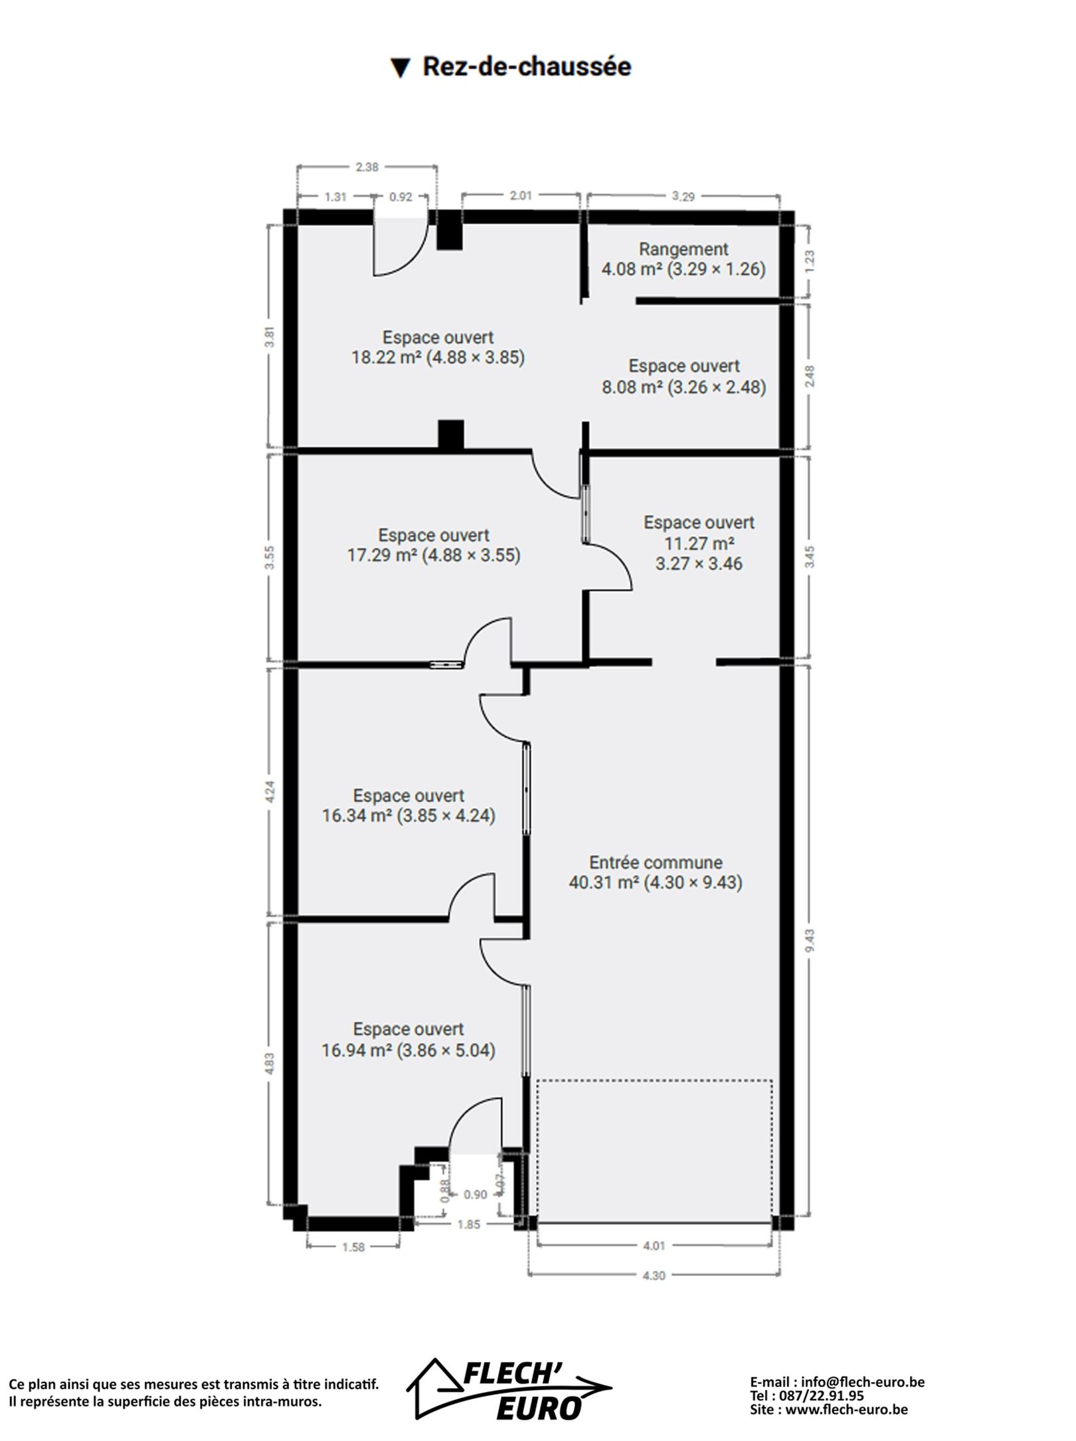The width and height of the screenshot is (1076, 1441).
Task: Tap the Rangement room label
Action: tap(683, 249)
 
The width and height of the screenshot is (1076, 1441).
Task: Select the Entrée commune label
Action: tap(656, 862)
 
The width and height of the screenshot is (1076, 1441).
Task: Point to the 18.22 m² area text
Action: tap(387, 357)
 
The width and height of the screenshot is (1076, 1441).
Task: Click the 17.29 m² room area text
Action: tap(382, 555)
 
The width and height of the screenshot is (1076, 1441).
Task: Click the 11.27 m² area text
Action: tap(699, 543)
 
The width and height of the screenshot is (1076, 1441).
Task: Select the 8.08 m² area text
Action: tap(632, 387)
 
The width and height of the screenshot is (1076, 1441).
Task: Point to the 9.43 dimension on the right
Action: tap(809, 940)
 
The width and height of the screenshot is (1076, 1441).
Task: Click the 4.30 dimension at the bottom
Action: tap(654, 1275)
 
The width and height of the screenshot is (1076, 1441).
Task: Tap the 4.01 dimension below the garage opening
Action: tap(654, 1246)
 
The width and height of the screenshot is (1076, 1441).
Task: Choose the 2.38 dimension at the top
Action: tap(367, 167)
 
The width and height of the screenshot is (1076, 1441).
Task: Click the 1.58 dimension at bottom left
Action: tap(353, 1247)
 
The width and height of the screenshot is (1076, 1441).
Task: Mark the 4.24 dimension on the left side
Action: tap(270, 792)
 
